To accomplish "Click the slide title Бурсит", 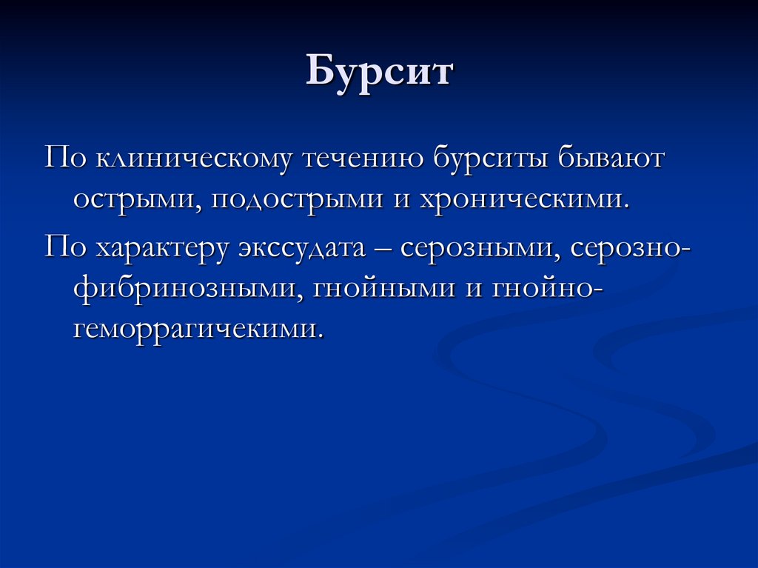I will tap(379, 74).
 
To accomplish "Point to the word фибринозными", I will tap(185, 288).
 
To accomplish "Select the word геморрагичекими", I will tap(198, 327).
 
